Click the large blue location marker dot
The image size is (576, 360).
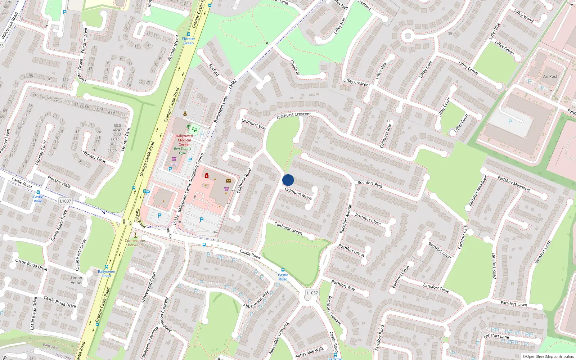[x=288, y=180]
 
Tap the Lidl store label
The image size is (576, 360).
[x=174, y=165]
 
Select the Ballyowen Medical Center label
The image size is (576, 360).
[x=184, y=140]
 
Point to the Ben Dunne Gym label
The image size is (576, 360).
[x=183, y=150]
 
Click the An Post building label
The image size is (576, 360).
[x=550, y=76]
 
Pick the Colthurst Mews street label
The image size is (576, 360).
[x=298, y=193]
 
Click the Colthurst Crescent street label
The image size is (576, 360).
[x=294, y=115]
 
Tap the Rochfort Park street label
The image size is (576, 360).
[x=370, y=184]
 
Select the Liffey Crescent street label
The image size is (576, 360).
[x=356, y=82]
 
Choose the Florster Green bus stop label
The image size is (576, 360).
[x=188, y=41]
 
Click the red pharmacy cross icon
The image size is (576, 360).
[x=207, y=175]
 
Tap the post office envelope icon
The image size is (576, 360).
[x=229, y=181]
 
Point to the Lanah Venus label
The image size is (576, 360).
[x=76, y=280]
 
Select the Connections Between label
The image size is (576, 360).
[x=135, y=243]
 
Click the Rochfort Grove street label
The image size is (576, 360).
[x=351, y=250]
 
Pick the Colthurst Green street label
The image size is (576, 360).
[x=288, y=228]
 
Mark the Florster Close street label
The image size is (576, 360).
[x=94, y=157]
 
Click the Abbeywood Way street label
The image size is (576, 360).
[x=256, y=299]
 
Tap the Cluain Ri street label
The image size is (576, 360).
[x=294, y=67]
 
